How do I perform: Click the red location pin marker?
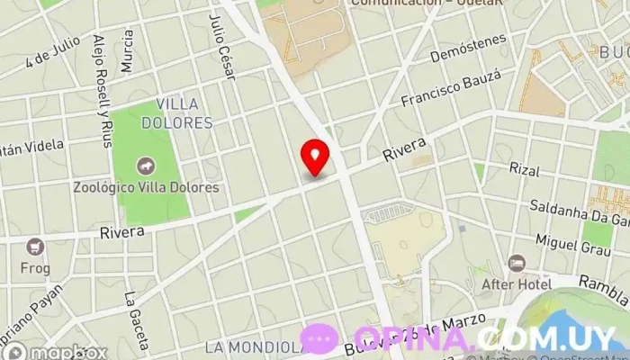tap(315, 157)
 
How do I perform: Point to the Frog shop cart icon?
tap(36, 247)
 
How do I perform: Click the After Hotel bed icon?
tap(517, 263)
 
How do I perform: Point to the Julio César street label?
tap(221, 47)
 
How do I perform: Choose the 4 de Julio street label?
tap(53, 51)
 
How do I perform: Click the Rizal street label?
tap(523, 168)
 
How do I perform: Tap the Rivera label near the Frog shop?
tap(122, 232)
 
